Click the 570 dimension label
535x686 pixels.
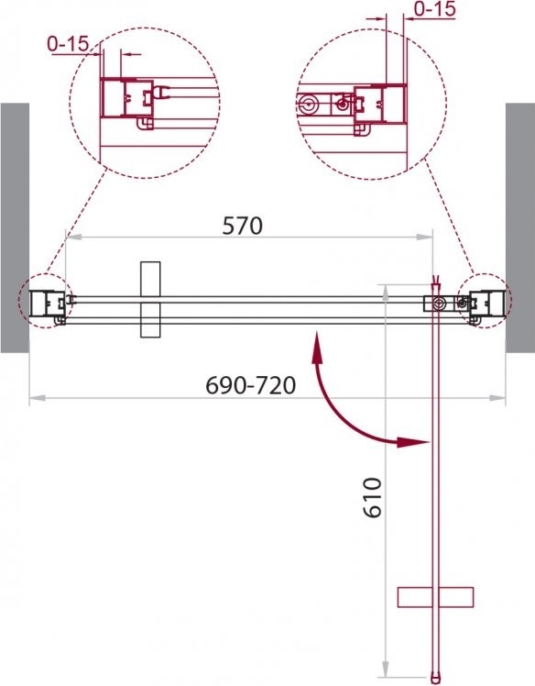coord(242,226)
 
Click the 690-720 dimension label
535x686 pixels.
coord(250,385)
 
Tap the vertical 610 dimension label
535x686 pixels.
coord(373,497)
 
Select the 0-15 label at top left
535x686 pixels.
coord(68,44)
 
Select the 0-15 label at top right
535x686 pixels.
coord(434,9)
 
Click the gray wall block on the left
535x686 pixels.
coord(15,227)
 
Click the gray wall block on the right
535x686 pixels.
coord(520,227)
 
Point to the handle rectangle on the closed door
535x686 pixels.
coord(150,300)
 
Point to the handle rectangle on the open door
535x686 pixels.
coord(435,597)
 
